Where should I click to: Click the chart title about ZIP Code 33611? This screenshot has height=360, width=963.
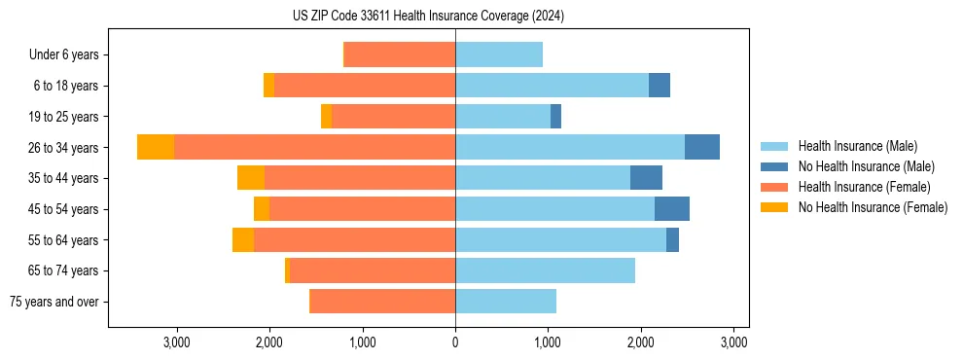coord(428,17)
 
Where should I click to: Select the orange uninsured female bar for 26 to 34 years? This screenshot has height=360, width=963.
coord(156,147)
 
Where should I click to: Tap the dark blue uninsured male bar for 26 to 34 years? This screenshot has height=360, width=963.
coord(702,147)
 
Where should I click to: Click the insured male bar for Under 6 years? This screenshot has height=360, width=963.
coord(499,54)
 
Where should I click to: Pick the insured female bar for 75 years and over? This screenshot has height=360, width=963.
coord(382,302)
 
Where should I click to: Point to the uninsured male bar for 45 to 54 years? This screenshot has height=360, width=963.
coord(672,208)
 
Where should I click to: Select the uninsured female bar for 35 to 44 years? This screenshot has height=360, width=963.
coord(251,178)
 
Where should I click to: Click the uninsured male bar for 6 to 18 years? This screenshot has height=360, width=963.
coord(660,86)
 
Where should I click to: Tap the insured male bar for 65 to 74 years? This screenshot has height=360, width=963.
coord(545,270)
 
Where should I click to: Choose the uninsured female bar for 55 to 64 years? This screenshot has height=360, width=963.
coord(243,239)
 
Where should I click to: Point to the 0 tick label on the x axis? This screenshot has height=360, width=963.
coord(455,342)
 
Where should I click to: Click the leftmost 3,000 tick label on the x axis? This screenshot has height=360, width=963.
coord(176,342)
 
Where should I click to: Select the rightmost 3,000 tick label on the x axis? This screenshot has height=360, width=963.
coord(733,342)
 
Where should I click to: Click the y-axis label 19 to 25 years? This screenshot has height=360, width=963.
coord(63,117)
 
